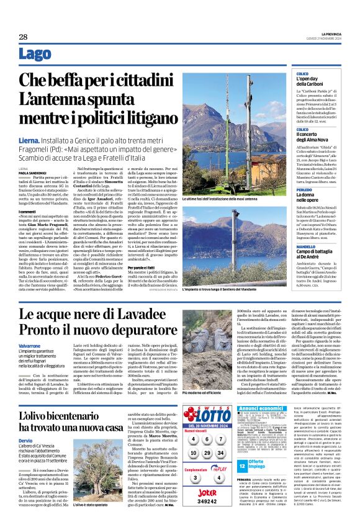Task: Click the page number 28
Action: (x=22, y=37)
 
